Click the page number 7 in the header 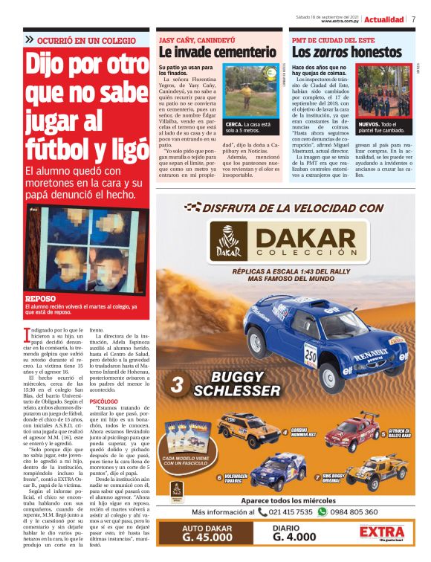click(x=413, y=19)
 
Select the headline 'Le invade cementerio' click(x=216, y=52)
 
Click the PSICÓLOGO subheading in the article click(x=104, y=401)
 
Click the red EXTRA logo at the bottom click(x=381, y=534)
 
